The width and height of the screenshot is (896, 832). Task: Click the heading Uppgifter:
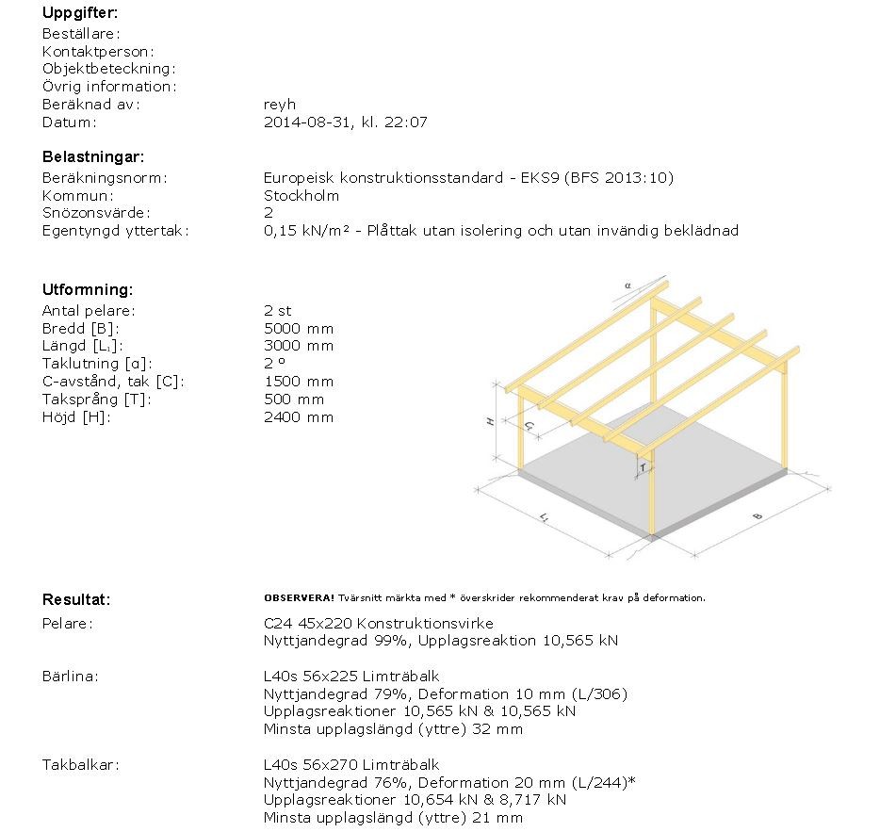[80, 13]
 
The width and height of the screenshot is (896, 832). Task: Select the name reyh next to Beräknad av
[279, 105]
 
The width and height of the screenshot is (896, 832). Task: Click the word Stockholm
[301, 196]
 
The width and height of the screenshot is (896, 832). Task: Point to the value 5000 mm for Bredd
[299, 329]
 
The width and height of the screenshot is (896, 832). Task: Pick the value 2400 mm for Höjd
[299, 417]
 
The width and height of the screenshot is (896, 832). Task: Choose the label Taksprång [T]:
[97, 400]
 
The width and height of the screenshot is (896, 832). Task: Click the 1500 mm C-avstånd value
[299, 382]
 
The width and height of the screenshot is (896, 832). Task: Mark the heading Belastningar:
[93, 157]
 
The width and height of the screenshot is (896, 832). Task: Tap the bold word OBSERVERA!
[300, 598]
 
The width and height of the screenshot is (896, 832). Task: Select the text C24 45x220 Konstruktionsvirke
[378, 624]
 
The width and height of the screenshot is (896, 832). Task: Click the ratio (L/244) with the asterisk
[607, 782]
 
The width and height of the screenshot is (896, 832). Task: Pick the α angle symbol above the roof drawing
[627, 283]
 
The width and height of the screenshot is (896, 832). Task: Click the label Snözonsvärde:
[96, 214]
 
